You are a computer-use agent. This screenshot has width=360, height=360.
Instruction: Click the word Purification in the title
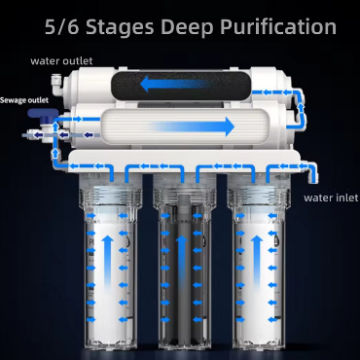pyautogui.click(x=278, y=27)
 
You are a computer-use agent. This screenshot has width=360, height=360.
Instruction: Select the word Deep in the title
pyautogui.click(x=187, y=28)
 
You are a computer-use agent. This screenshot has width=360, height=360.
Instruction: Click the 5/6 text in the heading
pyautogui.click(x=61, y=26)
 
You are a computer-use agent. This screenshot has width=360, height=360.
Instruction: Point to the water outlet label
pyautogui.click(x=61, y=61)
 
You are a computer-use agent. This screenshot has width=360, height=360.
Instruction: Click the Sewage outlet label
pyautogui.click(x=24, y=100)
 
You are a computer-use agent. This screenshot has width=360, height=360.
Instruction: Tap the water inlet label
pyautogui.click(x=331, y=198)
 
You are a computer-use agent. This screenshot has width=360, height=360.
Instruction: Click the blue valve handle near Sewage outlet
pyautogui.click(x=43, y=114)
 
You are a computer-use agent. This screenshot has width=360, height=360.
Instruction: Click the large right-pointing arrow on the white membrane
pyautogui.click(x=192, y=126)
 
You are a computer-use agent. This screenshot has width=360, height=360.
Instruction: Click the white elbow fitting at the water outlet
pyautogui.click(x=55, y=84)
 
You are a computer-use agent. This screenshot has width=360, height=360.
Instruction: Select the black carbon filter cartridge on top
pyautogui.click(x=180, y=85)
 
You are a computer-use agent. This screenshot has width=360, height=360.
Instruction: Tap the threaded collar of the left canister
pyautogui.click(x=111, y=197)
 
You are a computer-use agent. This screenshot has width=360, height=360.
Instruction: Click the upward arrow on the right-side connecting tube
pyautogui.click(x=302, y=107)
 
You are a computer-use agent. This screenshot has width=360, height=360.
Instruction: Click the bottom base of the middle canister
pyautogui.click(x=185, y=343)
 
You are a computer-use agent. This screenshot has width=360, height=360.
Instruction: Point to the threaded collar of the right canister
pyautogui.click(x=259, y=197)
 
